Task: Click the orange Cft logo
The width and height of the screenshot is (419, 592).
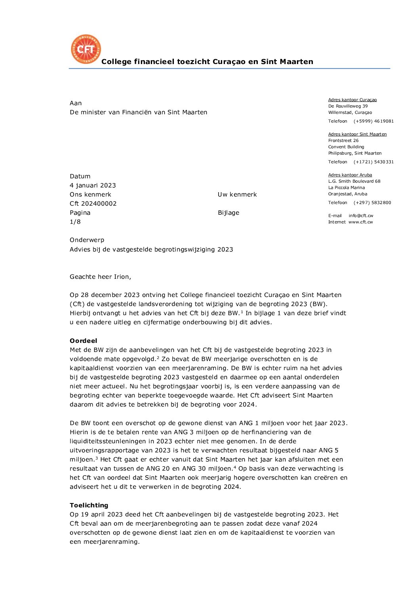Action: (x=86, y=49)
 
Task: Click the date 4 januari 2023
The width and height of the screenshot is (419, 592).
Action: (x=93, y=185)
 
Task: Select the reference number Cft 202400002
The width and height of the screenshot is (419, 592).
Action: (x=93, y=204)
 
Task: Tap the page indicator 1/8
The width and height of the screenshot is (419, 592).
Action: (x=75, y=222)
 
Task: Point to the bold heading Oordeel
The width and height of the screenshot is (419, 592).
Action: (x=83, y=341)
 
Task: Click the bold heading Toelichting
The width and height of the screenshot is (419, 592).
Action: (x=89, y=505)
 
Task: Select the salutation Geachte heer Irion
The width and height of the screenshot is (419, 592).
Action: (x=100, y=277)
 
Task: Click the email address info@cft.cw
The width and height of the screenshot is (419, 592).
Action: (x=361, y=216)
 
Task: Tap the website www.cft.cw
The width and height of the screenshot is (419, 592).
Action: (x=360, y=222)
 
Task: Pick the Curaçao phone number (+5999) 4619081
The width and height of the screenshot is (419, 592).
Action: (x=373, y=121)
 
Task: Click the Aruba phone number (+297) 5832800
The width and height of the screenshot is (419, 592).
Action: (x=372, y=203)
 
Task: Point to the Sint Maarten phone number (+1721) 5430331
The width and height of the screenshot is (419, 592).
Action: (x=373, y=162)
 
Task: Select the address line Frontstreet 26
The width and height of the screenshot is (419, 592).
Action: (x=343, y=141)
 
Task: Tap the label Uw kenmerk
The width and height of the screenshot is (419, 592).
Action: (x=237, y=195)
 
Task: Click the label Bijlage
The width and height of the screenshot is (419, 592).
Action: (x=229, y=213)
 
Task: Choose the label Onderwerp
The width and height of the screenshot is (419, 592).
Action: (x=87, y=240)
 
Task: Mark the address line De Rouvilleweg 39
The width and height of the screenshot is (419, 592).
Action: (x=348, y=106)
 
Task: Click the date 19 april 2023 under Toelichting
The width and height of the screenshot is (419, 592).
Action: (x=102, y=514)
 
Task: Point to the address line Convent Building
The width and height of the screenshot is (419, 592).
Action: (x=346, y=147)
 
